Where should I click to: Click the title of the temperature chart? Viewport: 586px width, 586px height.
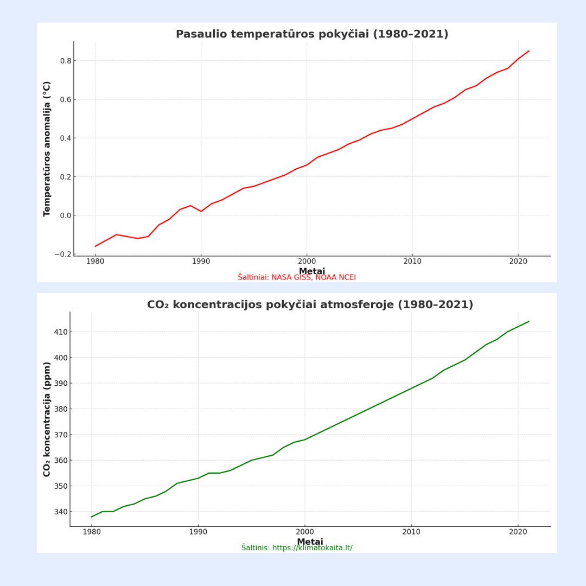[312, 34]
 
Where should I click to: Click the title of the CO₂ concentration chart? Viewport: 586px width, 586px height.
[310, 305]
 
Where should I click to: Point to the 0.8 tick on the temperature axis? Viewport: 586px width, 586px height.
[66, 61]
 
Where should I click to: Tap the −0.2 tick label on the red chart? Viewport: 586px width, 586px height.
[63, 254]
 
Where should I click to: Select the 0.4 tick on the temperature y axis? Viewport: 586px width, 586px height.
[66, 138]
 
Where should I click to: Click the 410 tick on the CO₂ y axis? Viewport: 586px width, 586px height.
[61, 332]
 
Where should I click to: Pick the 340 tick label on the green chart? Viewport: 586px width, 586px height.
[61, 512]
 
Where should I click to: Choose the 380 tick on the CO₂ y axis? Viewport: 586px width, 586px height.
[61, 409]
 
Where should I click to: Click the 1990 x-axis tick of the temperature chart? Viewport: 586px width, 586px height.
[201, 261]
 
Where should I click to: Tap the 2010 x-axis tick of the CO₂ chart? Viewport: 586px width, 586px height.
[411, 532]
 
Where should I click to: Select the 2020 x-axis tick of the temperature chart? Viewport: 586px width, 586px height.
[518, 261]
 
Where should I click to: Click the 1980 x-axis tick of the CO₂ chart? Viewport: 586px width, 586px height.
[91, 532]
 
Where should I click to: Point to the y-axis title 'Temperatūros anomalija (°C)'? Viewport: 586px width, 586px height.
[47, 149]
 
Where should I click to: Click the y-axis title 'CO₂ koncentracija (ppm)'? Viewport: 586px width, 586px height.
[47, 419]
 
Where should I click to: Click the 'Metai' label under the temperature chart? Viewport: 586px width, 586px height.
[312, 271]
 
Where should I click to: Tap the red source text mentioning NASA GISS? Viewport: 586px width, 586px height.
[297, 278]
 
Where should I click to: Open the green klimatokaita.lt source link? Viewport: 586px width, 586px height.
[297, 548]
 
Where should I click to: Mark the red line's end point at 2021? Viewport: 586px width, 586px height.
[529, 51]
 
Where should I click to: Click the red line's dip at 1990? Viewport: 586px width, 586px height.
[201, 211]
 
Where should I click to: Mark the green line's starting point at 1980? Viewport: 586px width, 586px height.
[91, 517]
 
